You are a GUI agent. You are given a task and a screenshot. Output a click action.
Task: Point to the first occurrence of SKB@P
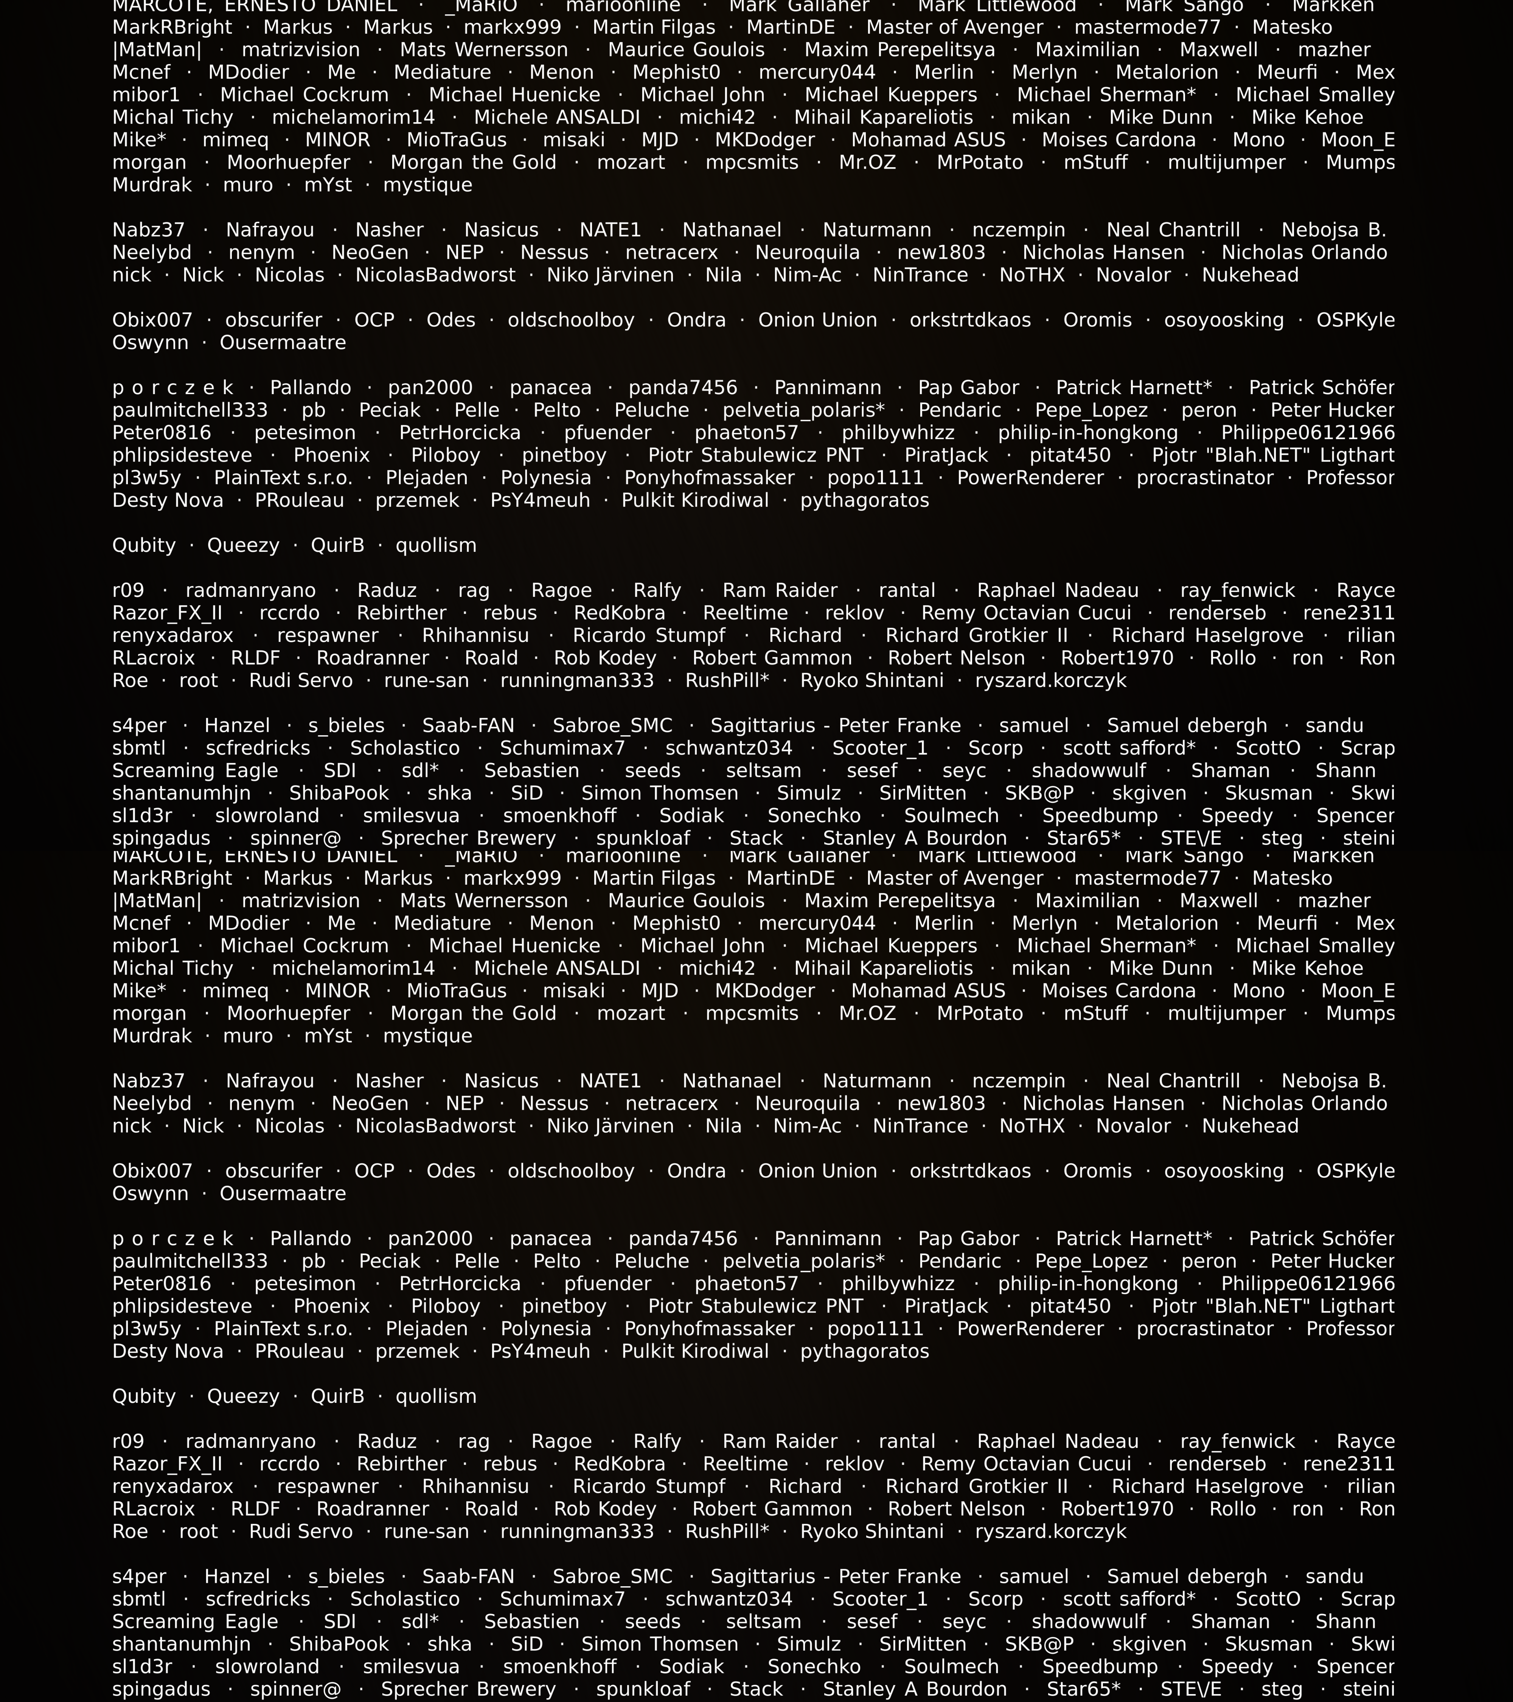[x=1038, y=794]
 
